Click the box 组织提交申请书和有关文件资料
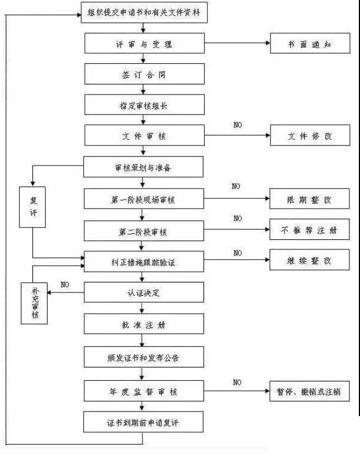point(144,13)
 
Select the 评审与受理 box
point(145,44)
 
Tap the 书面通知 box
point(310,44)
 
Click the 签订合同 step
point(145,74)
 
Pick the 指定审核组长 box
point(145,105)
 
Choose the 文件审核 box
point(145,135)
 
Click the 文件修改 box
point(310,135)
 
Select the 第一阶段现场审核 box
point(145,199)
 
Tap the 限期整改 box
point(310,199)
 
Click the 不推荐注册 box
point(310,229)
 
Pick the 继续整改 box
point(310,261)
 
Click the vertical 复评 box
point(32,207)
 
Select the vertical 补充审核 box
point(34,303)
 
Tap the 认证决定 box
point(145,292)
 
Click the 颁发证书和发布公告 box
point(145,356)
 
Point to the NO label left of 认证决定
point(65,285)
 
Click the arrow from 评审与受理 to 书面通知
point(237,44)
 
